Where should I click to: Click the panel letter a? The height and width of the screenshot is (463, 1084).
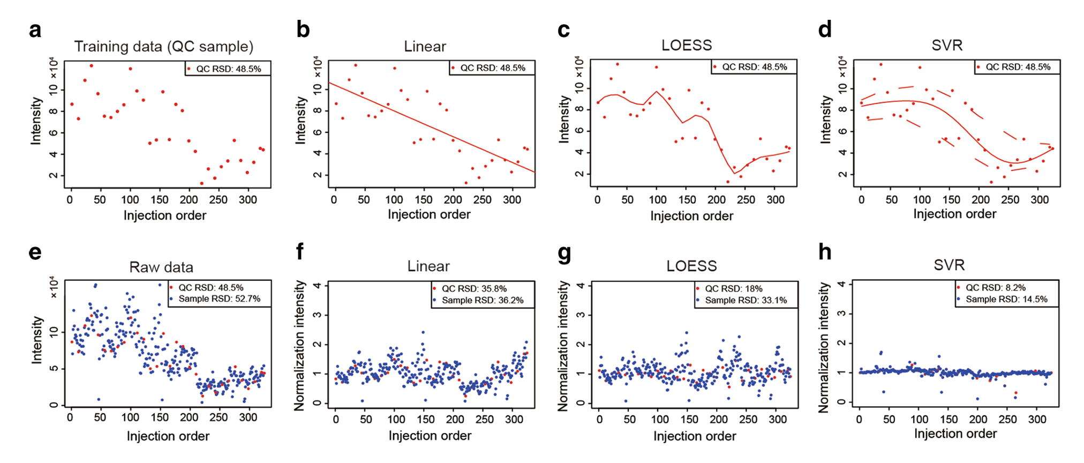(35, 31)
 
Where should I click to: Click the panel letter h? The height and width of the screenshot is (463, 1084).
(825, 251)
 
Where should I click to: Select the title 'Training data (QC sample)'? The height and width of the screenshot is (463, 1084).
(163, 47)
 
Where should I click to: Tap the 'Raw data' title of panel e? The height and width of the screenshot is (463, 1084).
(161, 267)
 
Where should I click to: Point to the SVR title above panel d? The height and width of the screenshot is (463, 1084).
(947, 45)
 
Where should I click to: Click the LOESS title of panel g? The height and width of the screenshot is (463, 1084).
(691, 266)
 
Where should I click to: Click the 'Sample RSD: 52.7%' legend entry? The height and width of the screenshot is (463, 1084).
(220, 299)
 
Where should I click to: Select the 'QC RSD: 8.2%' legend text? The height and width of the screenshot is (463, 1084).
(995, 288)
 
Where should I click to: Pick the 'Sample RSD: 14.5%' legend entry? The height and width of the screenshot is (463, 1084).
(1006, 300)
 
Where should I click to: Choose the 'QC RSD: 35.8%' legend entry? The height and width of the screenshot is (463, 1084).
(474, 289)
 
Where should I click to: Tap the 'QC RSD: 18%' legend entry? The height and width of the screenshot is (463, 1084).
(733, 289)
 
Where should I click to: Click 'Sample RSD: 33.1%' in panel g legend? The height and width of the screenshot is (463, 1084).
(746, 301)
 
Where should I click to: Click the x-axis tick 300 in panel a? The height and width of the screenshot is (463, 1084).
(248, 200)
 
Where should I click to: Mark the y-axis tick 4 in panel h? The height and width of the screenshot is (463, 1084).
(841, 285)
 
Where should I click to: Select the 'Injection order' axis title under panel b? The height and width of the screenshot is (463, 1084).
(429, 215)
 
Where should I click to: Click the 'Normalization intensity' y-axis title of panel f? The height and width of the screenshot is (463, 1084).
(299, 346)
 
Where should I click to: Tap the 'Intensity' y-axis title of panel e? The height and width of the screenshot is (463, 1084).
(36, 340)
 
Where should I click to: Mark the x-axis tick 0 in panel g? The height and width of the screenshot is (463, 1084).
(599, 419)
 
